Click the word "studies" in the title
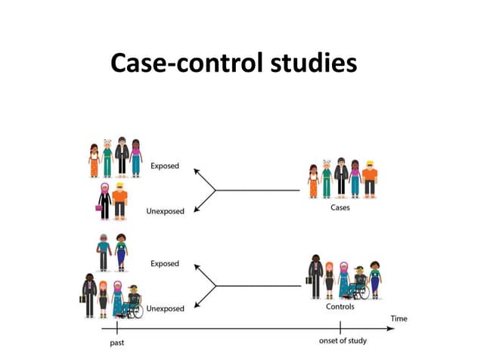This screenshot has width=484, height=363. pos(313,63)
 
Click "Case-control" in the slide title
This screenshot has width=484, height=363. pos(187,63)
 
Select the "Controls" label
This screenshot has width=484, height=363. pos(340,307)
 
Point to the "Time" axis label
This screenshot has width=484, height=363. pos(399,318)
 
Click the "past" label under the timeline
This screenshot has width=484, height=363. pos(117,341)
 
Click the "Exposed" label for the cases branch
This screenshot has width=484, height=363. pos(165,166)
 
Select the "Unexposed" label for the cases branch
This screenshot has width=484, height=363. pos(165,212)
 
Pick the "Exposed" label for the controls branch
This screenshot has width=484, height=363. pos(165,263)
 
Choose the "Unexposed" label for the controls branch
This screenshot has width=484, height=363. pos(165,309)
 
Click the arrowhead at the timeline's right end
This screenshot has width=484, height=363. pos(390,329)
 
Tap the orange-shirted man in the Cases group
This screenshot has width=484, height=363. pos(370,180)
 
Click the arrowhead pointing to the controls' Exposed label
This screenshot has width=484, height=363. pos(196,265)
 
